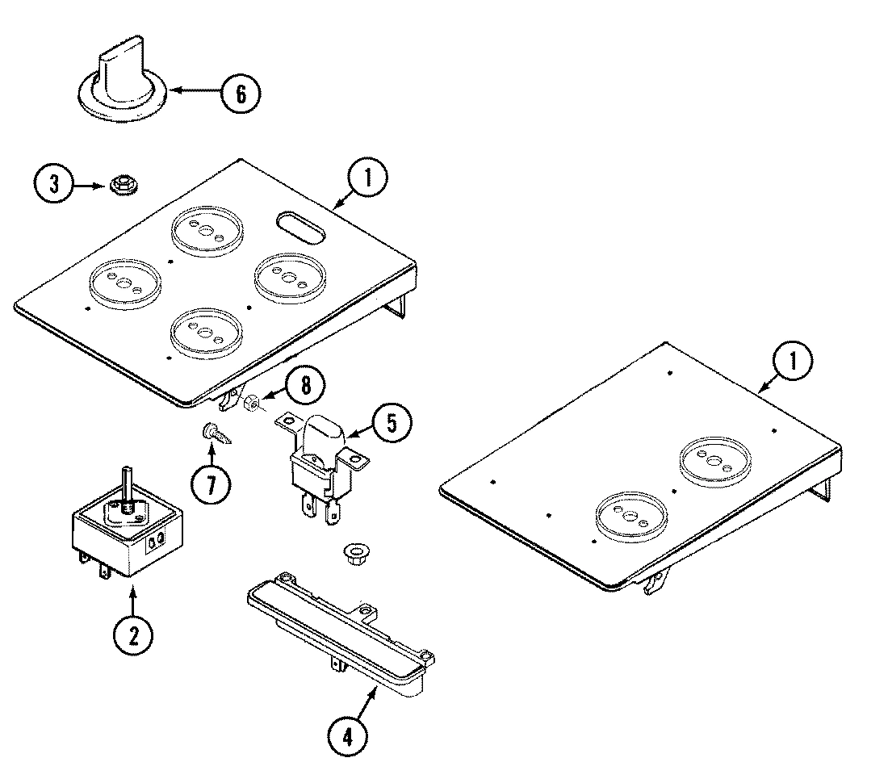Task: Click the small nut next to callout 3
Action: point(121,185)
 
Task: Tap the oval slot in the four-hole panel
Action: point(301,225)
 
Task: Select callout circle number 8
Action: point(303,386)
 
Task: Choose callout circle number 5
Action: point(390,424)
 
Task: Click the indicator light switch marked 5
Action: point(323,460)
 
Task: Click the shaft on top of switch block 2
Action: point(127,484)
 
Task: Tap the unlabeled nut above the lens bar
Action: point(352,553)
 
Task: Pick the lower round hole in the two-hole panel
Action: point(626,515)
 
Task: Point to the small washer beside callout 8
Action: point(252,400)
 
